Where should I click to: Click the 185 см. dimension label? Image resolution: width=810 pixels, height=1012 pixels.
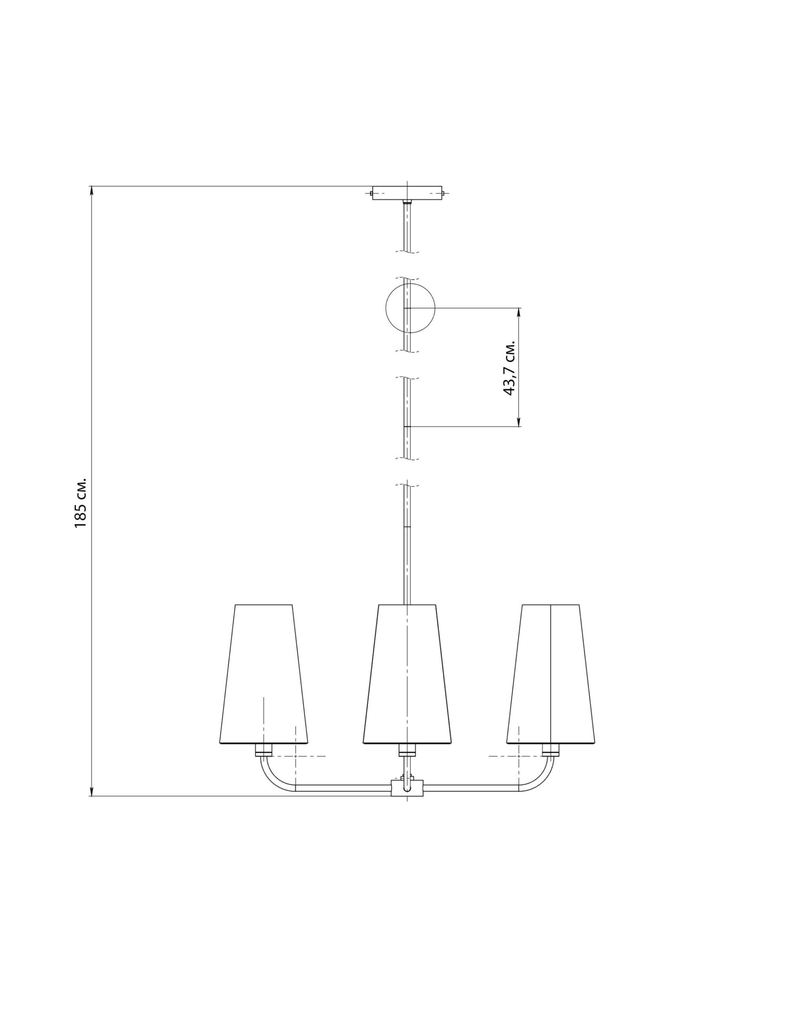(x=81, y=503)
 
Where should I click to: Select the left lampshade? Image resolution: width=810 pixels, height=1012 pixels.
(x=263, y=673)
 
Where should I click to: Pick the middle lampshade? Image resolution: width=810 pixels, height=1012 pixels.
(x=407, y=673)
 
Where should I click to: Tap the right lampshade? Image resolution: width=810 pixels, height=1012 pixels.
(x=550, y=673)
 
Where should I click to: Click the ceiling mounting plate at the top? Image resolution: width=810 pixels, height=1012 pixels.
(x=407, y=193)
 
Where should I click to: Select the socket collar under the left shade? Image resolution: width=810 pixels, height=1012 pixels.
(x=263, y=750)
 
